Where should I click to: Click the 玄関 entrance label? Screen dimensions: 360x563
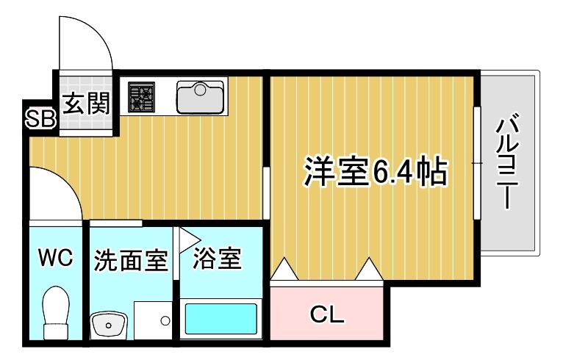[85, 104]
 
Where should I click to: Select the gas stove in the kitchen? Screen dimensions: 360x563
[142, 97]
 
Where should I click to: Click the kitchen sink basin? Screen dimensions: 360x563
[200, 96]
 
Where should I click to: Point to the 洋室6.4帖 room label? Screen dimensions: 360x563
[374, 173]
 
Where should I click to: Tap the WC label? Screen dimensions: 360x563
[56, 258]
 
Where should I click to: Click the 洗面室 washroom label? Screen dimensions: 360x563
[130, 261]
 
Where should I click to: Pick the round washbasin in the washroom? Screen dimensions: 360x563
[108, 323]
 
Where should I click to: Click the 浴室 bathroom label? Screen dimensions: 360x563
[217, 259]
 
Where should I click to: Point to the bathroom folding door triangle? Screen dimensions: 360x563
[187, 237]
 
